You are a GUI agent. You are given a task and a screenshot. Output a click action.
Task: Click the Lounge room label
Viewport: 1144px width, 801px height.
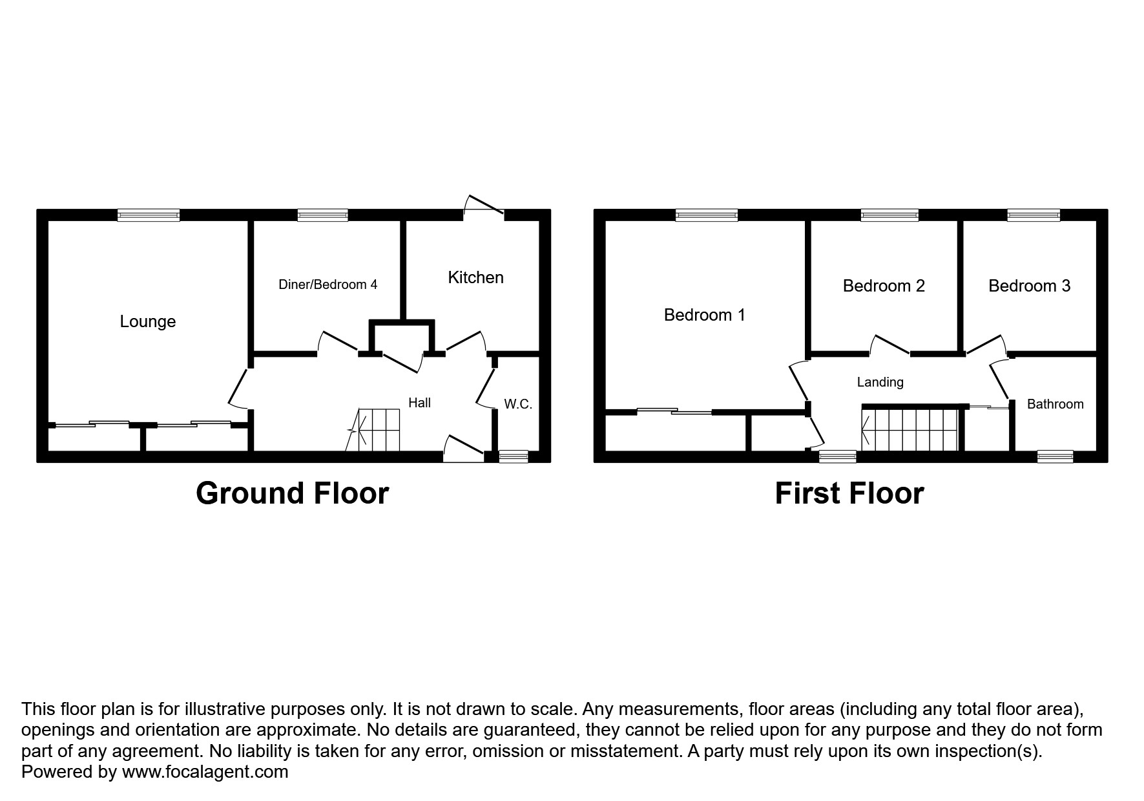pos(147,321)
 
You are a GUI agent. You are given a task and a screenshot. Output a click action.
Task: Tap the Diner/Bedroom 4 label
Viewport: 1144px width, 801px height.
pos(328,284)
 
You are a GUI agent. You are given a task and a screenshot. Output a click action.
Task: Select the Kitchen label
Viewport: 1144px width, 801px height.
pos(475,277)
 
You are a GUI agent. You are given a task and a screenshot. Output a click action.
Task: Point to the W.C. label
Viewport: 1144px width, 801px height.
pos(517,404)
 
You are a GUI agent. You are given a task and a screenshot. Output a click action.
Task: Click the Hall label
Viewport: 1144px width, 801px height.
pos(419,403)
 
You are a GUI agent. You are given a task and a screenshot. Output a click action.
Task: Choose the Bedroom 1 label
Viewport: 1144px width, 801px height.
pos(704,315)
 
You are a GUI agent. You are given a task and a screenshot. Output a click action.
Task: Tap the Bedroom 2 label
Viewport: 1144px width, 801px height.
pos(883,286)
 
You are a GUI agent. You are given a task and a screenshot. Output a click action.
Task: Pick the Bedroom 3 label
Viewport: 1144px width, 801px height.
pos(1029,286)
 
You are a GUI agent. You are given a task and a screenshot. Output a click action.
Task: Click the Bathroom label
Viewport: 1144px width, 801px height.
pos(1055,404)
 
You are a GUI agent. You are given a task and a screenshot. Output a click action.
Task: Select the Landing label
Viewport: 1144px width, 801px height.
pos(880,382)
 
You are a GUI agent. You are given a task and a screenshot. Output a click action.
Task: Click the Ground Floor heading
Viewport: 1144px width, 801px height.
pos(292,493)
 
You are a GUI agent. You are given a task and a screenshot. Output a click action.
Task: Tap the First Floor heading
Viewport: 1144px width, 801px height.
pos(849,493)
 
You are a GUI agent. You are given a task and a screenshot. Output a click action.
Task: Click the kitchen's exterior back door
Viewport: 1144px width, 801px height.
pos(484,205)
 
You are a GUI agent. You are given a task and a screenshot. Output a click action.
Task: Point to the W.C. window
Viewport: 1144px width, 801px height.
pos(514,456)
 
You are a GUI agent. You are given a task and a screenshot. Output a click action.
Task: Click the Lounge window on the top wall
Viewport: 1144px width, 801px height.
pos(149,215)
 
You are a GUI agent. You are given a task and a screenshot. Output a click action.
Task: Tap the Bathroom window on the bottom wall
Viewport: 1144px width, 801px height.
pos(1055,456)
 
